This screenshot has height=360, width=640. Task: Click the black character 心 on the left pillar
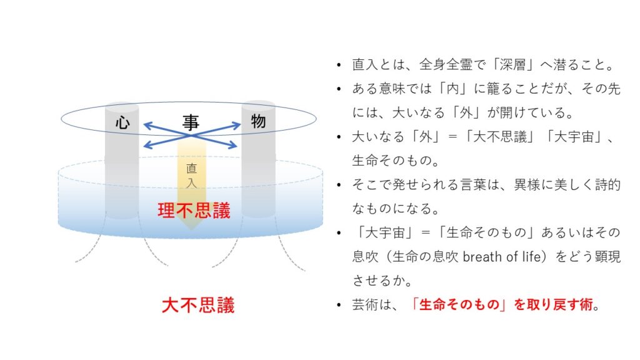[122, 122]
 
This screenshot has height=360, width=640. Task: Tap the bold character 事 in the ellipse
[191, 122]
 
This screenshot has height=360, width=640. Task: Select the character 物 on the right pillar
[258, 121]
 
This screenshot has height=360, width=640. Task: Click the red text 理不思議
[194, 211]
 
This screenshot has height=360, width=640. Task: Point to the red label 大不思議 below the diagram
[198, 305]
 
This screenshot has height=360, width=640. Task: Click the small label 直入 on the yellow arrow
[191, 176]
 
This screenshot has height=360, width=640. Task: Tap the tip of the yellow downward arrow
[191, 229]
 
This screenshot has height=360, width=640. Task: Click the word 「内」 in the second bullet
[453, 89]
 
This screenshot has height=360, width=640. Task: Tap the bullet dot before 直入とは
[339, 65]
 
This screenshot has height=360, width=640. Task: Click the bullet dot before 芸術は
[339, 305]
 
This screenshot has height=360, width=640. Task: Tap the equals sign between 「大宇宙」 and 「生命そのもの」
[426, 232]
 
